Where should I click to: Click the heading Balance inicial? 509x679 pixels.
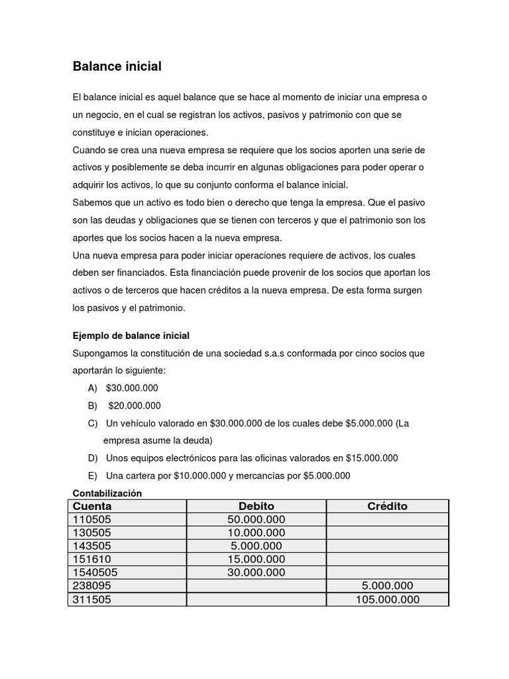(117, 67)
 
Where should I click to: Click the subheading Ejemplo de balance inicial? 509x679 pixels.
(131, 336)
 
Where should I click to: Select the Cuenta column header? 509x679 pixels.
(92, 507)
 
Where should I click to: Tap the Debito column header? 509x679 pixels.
(256, 507)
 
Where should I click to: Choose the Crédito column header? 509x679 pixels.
(387, 507)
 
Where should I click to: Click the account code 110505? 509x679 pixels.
(92, 520)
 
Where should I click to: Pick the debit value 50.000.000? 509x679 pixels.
(256, 520)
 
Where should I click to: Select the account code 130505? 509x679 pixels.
(92, 533)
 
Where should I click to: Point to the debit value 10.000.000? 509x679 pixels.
(256, 533)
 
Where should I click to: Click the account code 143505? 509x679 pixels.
(92, 546)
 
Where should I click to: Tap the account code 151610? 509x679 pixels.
(92, 560)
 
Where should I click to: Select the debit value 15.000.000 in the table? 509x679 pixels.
(256, 560)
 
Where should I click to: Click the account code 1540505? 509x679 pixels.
(95, 573)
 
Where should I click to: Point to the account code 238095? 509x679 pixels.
(92, 586)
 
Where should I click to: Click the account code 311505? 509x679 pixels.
(92, 599)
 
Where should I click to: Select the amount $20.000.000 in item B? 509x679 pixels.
(135, 406)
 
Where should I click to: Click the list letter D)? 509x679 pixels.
(92, 458)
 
